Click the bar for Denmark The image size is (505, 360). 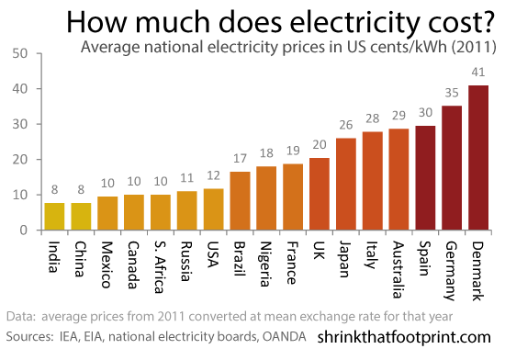tap(479, 158)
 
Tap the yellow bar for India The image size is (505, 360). tap(55, 217)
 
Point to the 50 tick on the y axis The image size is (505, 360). tap(20, 53)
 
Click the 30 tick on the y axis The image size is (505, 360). tap(20, 124)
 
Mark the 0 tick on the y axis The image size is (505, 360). tap(25, 231)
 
